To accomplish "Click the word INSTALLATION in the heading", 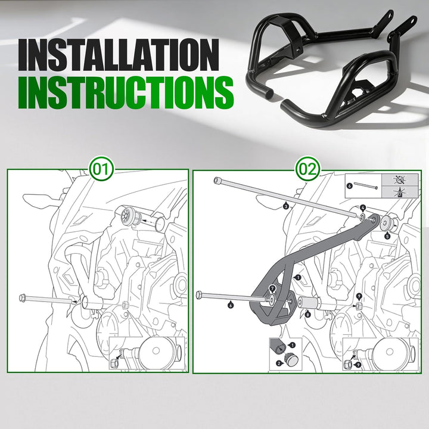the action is [119, 55].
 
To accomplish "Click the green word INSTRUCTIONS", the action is [126, 92].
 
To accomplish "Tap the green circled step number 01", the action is [101, 170].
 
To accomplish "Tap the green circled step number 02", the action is [308, 170].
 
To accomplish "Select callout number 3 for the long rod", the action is [285, 207].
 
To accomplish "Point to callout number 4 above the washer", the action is [362, 208].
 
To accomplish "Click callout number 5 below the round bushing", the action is [387, 236].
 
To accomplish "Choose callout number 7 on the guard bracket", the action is [272, 288].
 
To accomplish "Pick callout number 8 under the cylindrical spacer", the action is [309, 315].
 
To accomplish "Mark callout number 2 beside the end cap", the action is [279, 363].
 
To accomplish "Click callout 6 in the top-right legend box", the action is [349, 186].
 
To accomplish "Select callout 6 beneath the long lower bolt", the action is [231, 304].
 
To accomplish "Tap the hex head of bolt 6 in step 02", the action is [200, 295].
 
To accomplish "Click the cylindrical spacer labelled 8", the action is [309, 303].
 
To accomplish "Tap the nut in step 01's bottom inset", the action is [114, 363].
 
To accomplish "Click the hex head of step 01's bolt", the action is [23, 297].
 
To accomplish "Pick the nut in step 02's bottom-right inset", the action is [347, 364].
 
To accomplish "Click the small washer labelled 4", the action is [362, 217].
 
